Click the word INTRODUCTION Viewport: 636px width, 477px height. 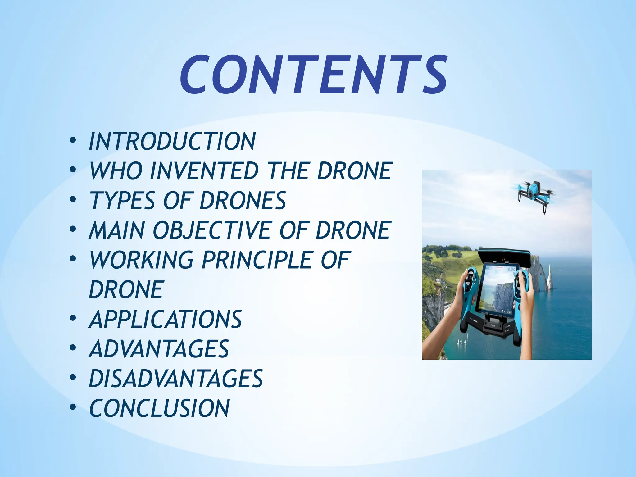pyautogui.click(x=172, y=141)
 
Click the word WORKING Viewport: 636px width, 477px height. pyautogui.click(x=141, y=260)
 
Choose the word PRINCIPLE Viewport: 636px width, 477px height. pyautogui.click(x=257, y=260)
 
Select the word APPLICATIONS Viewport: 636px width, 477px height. pyautogui.click(x=165, y=319)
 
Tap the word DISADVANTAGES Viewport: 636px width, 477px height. pyautogui.click(x=176, y=379)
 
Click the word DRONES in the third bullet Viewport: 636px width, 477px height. pyautogui.click(x=243, y=201)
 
